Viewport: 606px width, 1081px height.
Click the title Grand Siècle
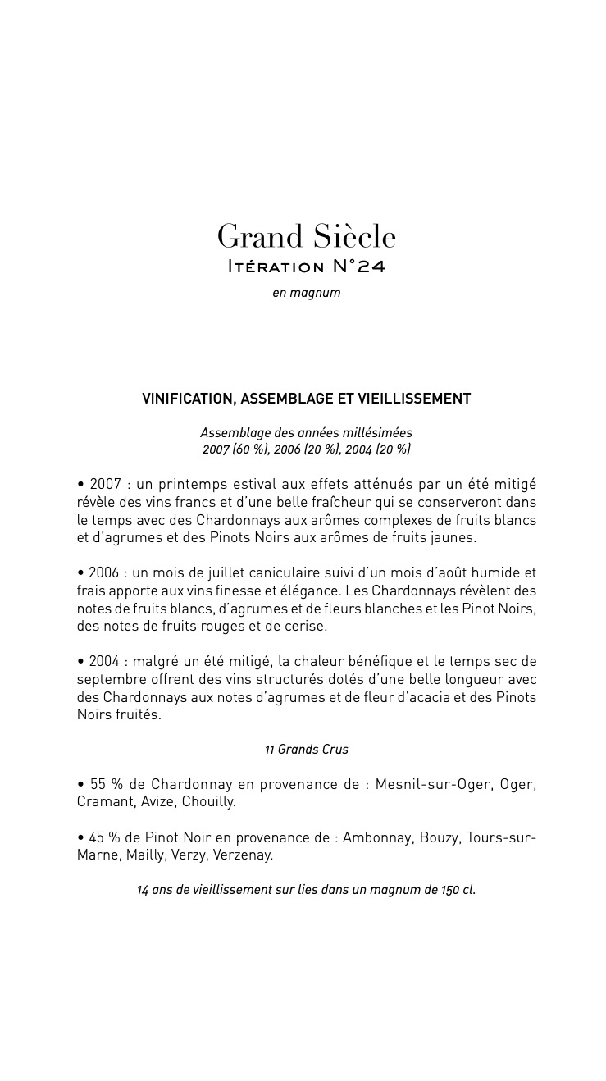(x=306, y=237)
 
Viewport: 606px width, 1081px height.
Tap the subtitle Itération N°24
(x=306, y=267)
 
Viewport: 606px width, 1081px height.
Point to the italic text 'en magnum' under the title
(x=306, y=293)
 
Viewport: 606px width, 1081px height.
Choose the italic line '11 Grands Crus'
(x=306, y=749)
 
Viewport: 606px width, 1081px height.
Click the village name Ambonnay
(x=377, y=837)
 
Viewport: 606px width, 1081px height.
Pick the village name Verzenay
(x=242, y=855)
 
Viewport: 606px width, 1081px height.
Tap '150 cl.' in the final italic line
(x=458, y=890)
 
